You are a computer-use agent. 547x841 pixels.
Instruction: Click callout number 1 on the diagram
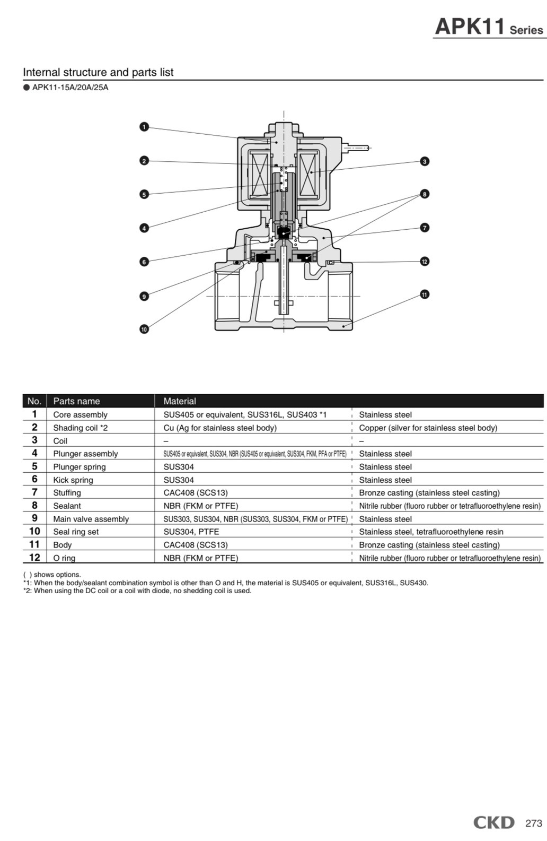[144, 127]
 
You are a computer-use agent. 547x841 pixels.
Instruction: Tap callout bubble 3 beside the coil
[425, 161]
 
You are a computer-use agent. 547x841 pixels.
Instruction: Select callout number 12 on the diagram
[425, 261]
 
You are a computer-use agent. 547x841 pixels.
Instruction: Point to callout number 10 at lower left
[144, 329]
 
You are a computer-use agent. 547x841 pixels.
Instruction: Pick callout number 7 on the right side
[425, 228]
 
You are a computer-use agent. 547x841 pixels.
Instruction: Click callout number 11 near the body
[425, 294]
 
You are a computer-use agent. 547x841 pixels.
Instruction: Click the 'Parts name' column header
[76, 401]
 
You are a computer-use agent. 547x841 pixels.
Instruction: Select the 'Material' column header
[180, 401]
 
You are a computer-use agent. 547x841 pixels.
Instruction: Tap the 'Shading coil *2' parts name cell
[80, 428]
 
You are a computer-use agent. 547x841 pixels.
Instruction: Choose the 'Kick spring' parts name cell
[73, 480]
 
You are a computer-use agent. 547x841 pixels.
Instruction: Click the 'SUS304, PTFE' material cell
[191, 532]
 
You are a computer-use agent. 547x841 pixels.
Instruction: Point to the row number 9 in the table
[34, 518]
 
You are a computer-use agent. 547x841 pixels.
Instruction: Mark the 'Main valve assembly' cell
[91, 519]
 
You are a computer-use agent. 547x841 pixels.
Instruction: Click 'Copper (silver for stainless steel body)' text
[428, 428]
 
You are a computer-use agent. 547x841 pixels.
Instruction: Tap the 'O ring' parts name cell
[64, 558]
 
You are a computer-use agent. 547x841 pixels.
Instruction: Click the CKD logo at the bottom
[493, 822]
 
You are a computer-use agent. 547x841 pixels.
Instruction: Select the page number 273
[533, 823]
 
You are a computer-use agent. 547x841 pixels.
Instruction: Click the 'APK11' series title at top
[470, 27]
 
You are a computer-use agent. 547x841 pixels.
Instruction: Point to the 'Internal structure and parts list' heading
[98, 72]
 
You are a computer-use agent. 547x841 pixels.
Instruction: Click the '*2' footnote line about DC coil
[137, 591]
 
